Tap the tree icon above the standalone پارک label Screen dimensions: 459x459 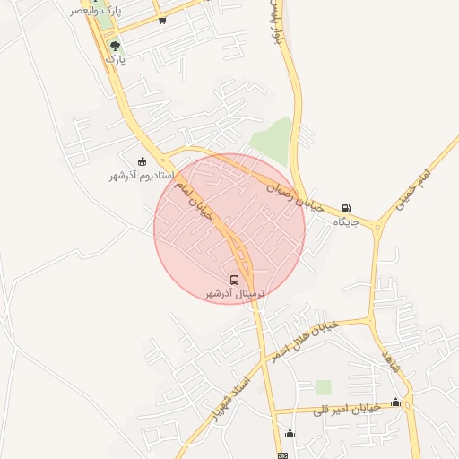[x=113, y=44]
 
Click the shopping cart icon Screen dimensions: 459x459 [x=161, y=20]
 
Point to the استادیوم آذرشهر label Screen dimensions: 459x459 [x=141, y=176]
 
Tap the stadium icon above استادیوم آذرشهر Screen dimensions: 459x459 [x=142, y=161]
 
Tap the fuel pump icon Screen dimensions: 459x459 [x=346, y=208]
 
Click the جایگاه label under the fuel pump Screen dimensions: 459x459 [x=346, y=221]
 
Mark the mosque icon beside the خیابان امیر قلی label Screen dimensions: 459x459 [x=395, y=402]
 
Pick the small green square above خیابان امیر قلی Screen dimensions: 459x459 [x=323, y=387]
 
